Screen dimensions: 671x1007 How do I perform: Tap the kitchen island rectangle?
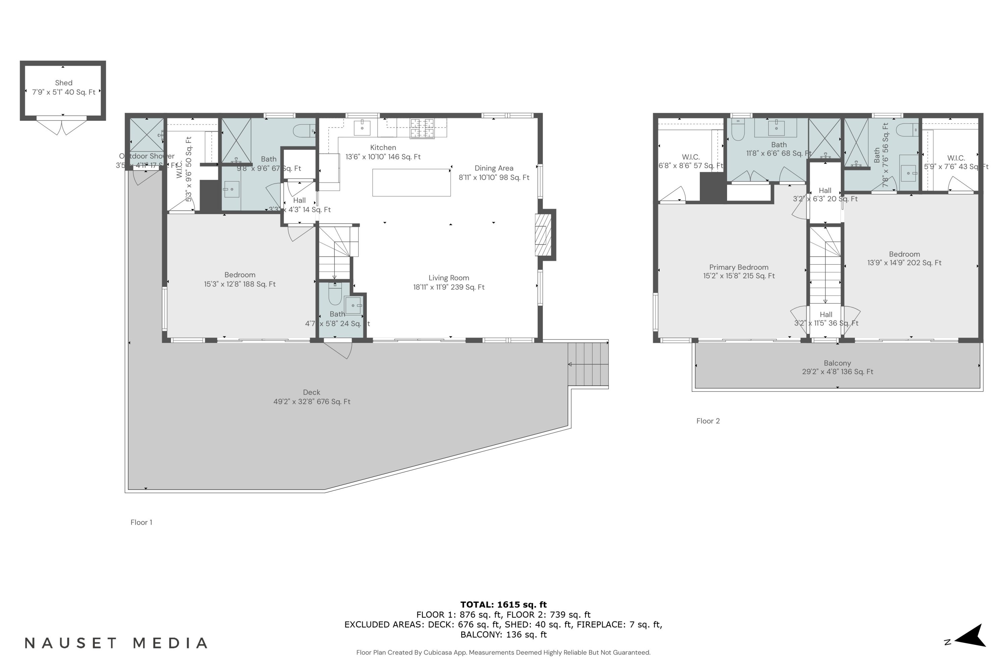(x=411, y=183)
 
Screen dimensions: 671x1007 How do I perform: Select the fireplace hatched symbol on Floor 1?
(x=542, y=235)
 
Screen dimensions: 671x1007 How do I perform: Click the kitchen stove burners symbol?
(x=422, y=128)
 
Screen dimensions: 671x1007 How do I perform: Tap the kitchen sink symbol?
(x=362, y=127)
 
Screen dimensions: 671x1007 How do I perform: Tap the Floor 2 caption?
(x=708, y=421)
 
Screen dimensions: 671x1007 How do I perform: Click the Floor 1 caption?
(x=141, y=522)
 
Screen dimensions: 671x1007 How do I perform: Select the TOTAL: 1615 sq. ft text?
(x=503, y=605)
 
